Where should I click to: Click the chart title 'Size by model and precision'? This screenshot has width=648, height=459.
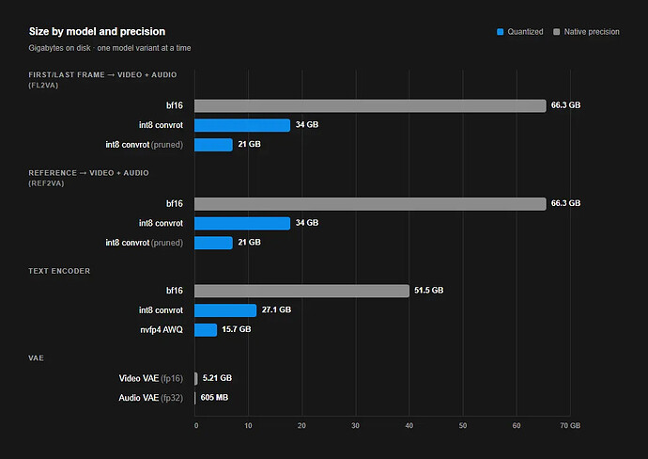click(97, 31)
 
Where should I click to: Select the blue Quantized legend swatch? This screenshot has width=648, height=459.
click(500, 32)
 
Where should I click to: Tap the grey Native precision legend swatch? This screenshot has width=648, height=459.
click(557, 32)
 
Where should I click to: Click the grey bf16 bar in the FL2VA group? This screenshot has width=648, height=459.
click(370, 105)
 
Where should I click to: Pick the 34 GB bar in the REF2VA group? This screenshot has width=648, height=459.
click(242, 223)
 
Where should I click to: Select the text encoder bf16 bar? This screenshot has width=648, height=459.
click(301, 291)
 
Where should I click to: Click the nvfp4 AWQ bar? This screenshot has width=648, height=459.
click(206, 330)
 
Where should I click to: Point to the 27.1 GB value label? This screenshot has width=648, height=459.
click(276, 309)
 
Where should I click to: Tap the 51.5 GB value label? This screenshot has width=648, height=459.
click(429, 290)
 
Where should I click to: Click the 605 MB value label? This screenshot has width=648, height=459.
click(214, 397)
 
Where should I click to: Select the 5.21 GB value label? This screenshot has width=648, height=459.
click(217, 378)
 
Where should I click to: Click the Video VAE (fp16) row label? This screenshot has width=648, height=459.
click(151, 378)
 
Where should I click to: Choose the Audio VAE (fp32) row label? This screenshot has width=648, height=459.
click(151, 398)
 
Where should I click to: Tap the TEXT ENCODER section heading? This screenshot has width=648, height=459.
click(59, 271)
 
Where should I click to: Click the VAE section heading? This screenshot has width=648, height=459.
click(36, 358)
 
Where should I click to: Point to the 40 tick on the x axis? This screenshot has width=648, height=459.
click(409, 425)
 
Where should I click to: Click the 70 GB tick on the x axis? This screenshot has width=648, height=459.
click(570, 425)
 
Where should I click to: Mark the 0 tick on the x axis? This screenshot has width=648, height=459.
click(196, 425)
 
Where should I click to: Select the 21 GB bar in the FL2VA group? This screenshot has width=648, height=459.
click(213, 145)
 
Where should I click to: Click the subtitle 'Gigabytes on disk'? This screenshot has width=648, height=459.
click(59, 48)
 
